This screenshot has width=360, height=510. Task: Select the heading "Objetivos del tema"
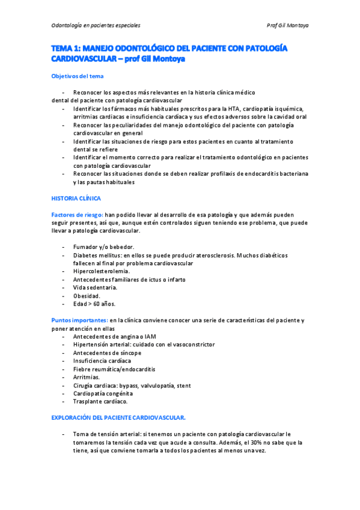click(x=77, y=76)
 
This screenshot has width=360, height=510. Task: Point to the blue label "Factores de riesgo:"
click(x=78, y=215)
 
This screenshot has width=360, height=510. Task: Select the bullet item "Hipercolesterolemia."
click(x=101, y=271)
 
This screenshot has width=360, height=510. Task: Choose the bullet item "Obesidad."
click(x=87, y=296)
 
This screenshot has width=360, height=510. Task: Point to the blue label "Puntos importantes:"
click(x=79, y=320)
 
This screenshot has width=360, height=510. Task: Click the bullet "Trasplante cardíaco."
click(x=100, y=401)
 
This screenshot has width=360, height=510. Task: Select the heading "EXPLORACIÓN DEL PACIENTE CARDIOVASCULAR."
click(x=118, y=417)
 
